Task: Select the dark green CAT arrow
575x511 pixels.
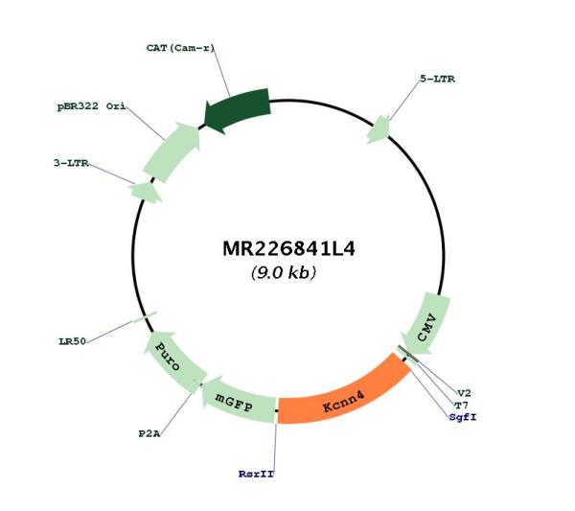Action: point(239,109)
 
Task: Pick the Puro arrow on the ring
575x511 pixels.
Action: point(172,358)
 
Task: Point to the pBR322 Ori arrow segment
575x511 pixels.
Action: point(172,151)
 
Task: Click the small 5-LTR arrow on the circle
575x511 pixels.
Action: point(379,129)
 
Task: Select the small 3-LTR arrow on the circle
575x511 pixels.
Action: point(146,192)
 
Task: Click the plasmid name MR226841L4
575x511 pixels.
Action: point(289,248)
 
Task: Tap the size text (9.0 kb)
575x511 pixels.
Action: point(284,272)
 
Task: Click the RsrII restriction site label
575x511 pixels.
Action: point(256,474)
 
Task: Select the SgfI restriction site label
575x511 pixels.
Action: point(463,417)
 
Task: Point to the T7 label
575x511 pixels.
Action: point(461,406)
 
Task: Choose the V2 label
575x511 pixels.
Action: point(464,393)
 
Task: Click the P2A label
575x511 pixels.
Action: point(149,433)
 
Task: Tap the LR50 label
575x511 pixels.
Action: point(72,341)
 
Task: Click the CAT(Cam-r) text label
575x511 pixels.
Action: point(180,48)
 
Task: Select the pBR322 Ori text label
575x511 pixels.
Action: point(91,106)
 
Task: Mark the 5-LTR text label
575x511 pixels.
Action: point(438,79)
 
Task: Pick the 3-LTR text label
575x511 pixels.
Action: point(71,163)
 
